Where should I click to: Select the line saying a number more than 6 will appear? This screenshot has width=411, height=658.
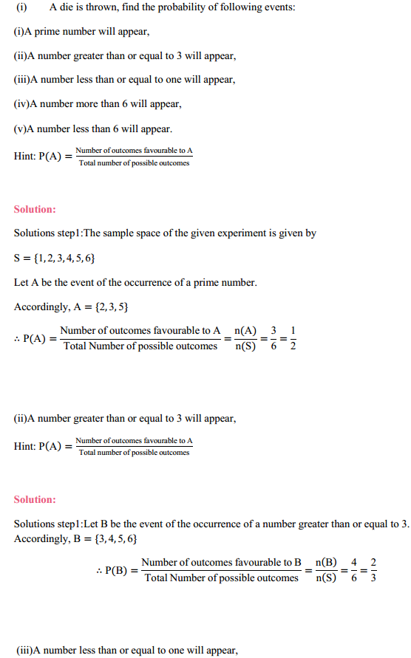97,104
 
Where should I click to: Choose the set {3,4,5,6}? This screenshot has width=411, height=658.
110,538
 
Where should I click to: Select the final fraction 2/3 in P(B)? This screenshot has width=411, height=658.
373,570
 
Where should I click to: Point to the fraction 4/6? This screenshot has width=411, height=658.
354,570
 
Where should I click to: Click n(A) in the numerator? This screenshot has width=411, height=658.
245,331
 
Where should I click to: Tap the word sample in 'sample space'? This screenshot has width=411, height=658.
116,233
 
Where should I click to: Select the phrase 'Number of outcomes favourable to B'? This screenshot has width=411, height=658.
221,562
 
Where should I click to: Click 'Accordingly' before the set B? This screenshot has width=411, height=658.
40,538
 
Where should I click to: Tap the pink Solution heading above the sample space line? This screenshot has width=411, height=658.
35,209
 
